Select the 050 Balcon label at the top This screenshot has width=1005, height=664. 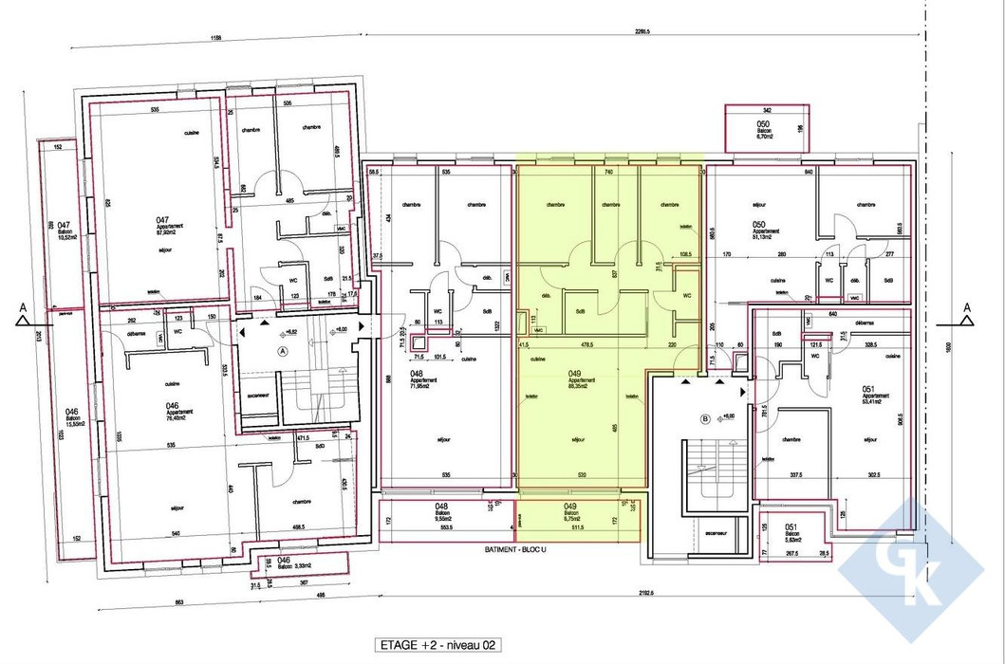765,130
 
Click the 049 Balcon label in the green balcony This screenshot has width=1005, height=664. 571,513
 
